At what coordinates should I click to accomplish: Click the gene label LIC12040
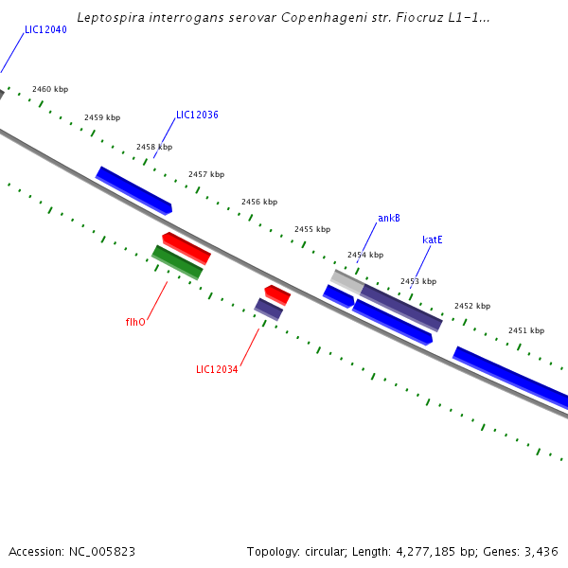pos(45,30)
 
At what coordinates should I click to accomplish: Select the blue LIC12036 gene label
pos(197,115)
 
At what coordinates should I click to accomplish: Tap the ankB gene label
pos(388,218)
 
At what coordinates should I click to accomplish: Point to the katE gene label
pos(433,240)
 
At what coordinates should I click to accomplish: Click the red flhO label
pos(135,322)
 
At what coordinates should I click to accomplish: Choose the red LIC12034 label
pos(217,369)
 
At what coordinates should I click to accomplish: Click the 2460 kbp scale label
pos(50,89)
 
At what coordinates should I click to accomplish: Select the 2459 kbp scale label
pos(102,118)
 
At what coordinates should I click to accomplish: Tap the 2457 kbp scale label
pos(206,174)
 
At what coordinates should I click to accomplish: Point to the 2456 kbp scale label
pos(259,202)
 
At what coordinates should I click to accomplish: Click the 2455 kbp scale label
pos(312,229)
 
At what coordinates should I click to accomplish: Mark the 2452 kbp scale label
pos(472,306)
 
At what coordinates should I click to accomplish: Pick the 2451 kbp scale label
pos(526,330)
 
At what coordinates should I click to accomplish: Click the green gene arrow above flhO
pos(177,262)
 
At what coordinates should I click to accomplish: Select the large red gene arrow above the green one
pos(186,247)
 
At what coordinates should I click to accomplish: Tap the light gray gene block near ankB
pos(347,281)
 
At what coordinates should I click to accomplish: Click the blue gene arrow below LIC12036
pos(133,189)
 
